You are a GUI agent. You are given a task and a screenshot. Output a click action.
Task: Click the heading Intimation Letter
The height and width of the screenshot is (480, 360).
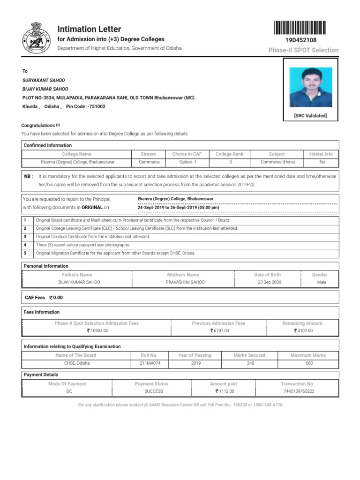point(89,29)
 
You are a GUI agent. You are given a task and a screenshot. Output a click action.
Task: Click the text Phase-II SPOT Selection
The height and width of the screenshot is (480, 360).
point(303,50)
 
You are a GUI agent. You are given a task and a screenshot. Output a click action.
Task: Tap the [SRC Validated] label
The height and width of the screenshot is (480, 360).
point(310,116)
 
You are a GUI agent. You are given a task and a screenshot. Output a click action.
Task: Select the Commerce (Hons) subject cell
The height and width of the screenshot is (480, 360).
point(277,162)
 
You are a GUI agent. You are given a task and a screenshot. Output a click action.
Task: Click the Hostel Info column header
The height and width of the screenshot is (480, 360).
point(321,154)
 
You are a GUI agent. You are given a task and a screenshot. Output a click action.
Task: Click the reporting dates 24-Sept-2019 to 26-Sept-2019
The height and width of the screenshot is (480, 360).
point(178,208)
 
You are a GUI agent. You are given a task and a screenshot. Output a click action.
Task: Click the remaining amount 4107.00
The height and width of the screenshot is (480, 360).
point(303,331)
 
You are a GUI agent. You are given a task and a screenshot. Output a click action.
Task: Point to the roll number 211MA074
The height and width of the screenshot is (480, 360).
point(149,363)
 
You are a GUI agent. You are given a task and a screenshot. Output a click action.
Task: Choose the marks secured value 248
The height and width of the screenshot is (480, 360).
point(250,363)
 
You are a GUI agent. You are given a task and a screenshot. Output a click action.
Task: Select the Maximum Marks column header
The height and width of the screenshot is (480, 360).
point(307,355)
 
